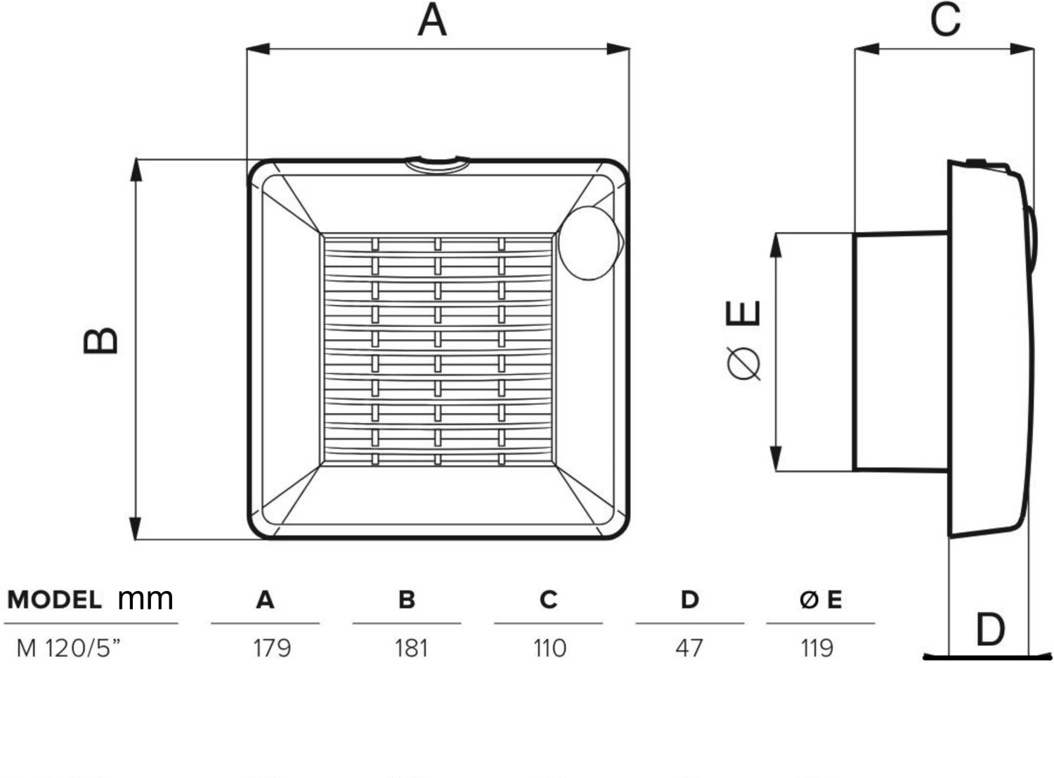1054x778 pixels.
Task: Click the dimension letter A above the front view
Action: pos(432,20)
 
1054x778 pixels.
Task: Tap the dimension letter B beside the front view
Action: pos(100,340)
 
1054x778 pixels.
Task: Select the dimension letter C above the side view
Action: pos(945,20)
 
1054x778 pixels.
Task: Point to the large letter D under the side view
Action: pos(990,629)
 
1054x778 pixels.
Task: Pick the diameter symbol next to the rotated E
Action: pos(743,364)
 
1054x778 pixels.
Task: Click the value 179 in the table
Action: pos(272,648)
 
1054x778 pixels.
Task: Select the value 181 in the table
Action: pos(412,648)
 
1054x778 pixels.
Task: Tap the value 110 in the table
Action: pos(549,648)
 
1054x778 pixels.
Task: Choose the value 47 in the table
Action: pos(689,648)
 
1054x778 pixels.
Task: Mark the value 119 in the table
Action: pos(817,648)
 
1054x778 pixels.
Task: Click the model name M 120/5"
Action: pos(68,647)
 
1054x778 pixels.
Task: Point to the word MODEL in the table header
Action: pos(54,599)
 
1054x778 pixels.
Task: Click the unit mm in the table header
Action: pos(145,600)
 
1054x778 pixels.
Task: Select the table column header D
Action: pos(689,599)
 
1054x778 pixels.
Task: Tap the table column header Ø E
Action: pos(821,599)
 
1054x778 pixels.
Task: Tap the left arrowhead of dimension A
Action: pos(258,49)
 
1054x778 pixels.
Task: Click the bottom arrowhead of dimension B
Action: pos(136,529)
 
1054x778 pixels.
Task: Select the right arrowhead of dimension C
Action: pos(1022,49)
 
